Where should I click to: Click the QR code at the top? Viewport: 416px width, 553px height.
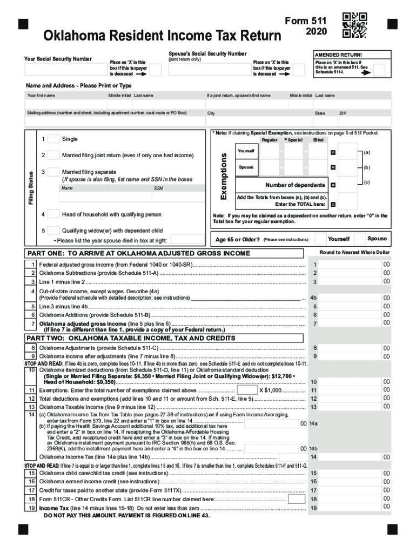pyautogui.click(x=355, y=25)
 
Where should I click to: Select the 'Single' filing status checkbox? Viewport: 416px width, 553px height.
pyautogui.click(x=53, y=139)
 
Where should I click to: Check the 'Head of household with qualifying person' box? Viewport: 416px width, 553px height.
pyautogui.click(x=53, y=214)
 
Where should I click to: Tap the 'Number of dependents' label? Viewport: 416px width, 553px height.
pyautogui.click(x=295, y=185)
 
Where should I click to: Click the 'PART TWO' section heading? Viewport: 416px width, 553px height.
pyautogui.click(x=131, y=338)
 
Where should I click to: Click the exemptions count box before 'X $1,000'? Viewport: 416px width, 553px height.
pyautogui.click(x=247, y=390)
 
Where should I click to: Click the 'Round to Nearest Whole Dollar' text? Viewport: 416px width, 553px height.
pyautogui.click(x=353, y=253)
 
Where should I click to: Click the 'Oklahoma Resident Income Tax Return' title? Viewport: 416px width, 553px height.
pyautogui.click(x=162, y=36)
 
